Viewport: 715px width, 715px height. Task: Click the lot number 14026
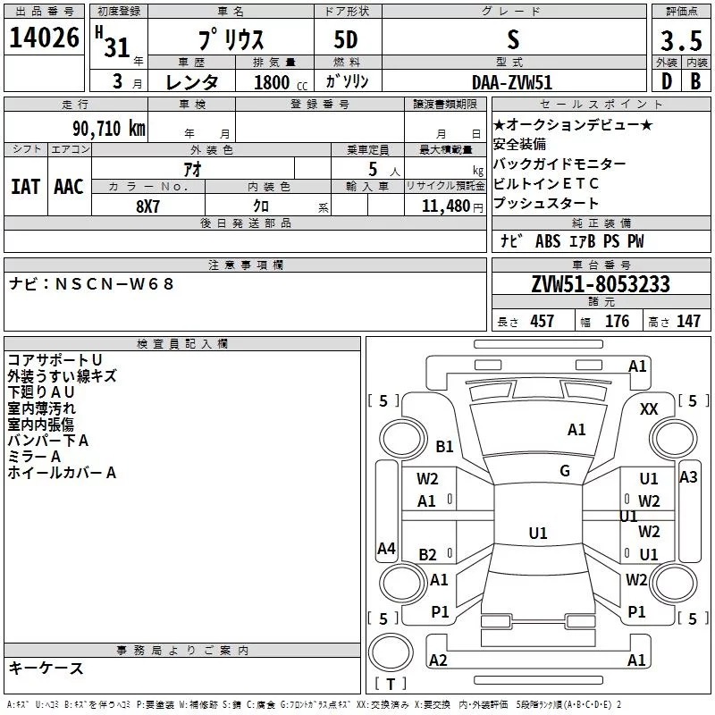(x=44, y=38)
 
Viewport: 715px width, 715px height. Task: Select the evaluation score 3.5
(x=681, y=40)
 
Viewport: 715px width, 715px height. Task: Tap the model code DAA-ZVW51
(x=512, y=82)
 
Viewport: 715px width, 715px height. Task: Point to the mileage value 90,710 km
(x=109, y=129)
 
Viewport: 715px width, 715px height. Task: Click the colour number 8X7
(x=147, y=206)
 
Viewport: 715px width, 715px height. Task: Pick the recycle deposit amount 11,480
(x=445, y=206)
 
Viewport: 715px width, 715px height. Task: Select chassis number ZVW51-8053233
(x=601, y=284)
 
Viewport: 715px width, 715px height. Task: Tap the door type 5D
(x=346, y=40)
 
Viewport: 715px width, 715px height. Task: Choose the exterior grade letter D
(x=667, y=81)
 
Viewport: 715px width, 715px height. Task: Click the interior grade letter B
(x=695, y=81)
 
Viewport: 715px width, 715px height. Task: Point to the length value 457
(x=542, y=321)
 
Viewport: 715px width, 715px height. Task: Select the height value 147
(x=688, y=321)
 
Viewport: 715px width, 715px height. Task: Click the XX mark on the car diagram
(x=649, y=409)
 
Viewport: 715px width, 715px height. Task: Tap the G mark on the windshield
(x=565, y=471)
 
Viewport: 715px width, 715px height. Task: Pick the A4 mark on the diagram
(x=386, y=549)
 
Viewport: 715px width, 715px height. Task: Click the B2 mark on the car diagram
(x=427, y=555)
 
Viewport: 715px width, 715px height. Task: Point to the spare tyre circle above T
(x=391, y=652)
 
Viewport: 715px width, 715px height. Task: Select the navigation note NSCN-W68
(x=114, y=284)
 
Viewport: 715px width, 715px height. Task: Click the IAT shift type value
(x=26, y=187)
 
